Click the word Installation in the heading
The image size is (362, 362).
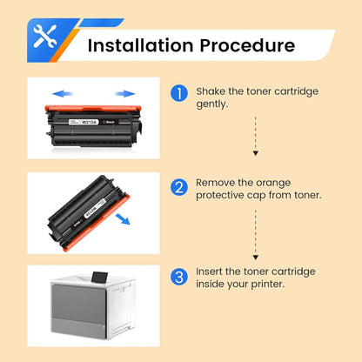(x=135, y=44)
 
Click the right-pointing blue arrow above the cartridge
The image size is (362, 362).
(x=125, y=91)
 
